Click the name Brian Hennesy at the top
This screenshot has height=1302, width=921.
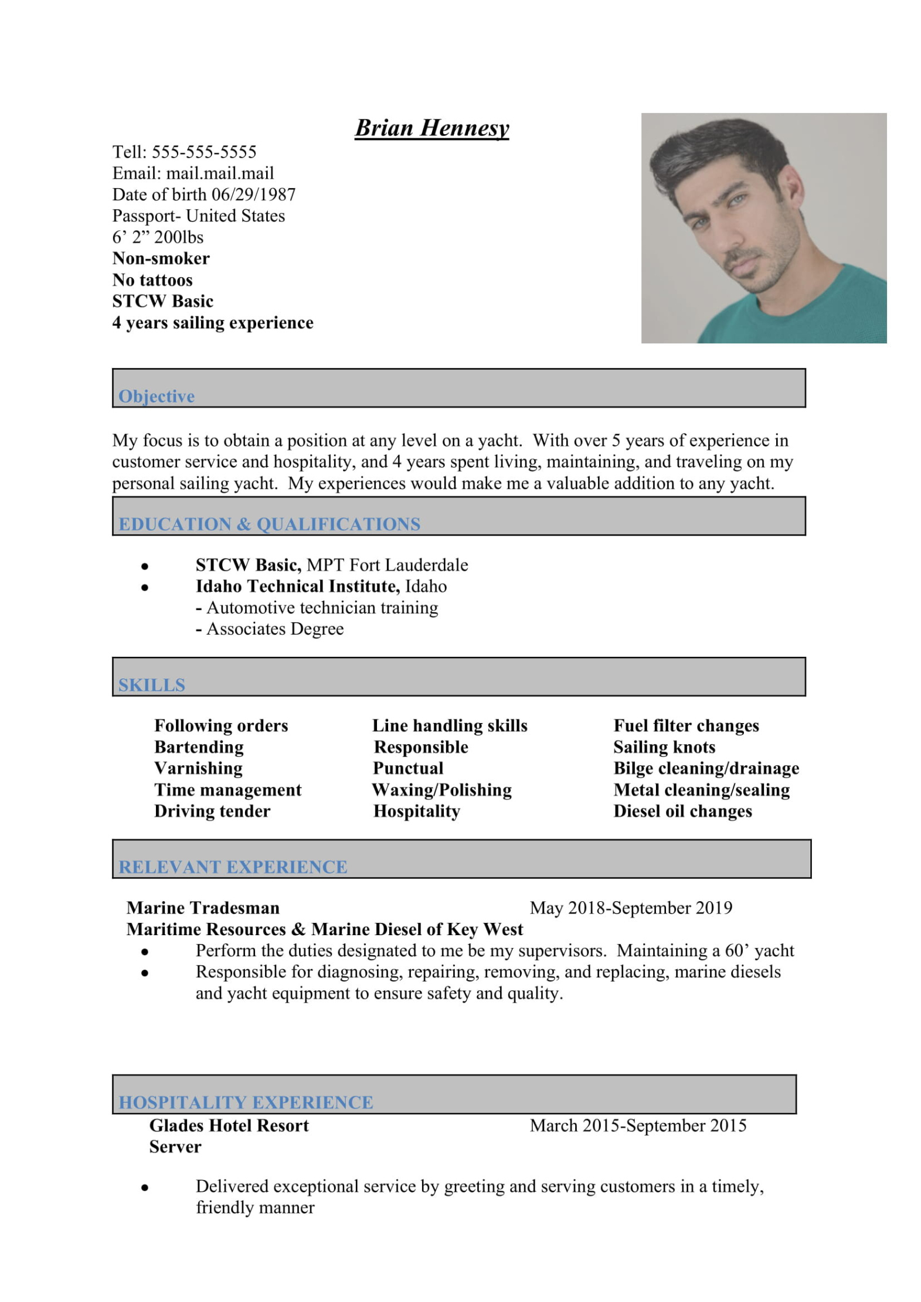click(431, 128)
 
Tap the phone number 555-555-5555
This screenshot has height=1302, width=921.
click(204, 152)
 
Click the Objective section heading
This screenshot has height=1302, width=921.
click(157, 396)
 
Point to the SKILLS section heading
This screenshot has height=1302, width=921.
click(152, 685)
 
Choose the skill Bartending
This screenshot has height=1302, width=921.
click(199, 747)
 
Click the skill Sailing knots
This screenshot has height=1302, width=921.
click(664, 747)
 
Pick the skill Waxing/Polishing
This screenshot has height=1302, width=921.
click(442, 790)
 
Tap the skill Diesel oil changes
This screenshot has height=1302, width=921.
click(682, 812)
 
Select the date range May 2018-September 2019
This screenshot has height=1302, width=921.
click(631, 908)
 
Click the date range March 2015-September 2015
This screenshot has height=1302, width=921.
click(638, 1126)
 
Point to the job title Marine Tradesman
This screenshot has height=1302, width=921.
click(203, 908)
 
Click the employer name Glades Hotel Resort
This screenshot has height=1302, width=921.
click(229, 1126)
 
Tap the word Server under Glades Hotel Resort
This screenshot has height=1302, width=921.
click(175, 1147)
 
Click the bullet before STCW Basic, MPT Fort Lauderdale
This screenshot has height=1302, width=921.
click(144, 566)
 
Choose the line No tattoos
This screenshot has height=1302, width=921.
click(152, 280)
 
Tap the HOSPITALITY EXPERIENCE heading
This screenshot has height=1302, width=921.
click(246, 1102)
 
